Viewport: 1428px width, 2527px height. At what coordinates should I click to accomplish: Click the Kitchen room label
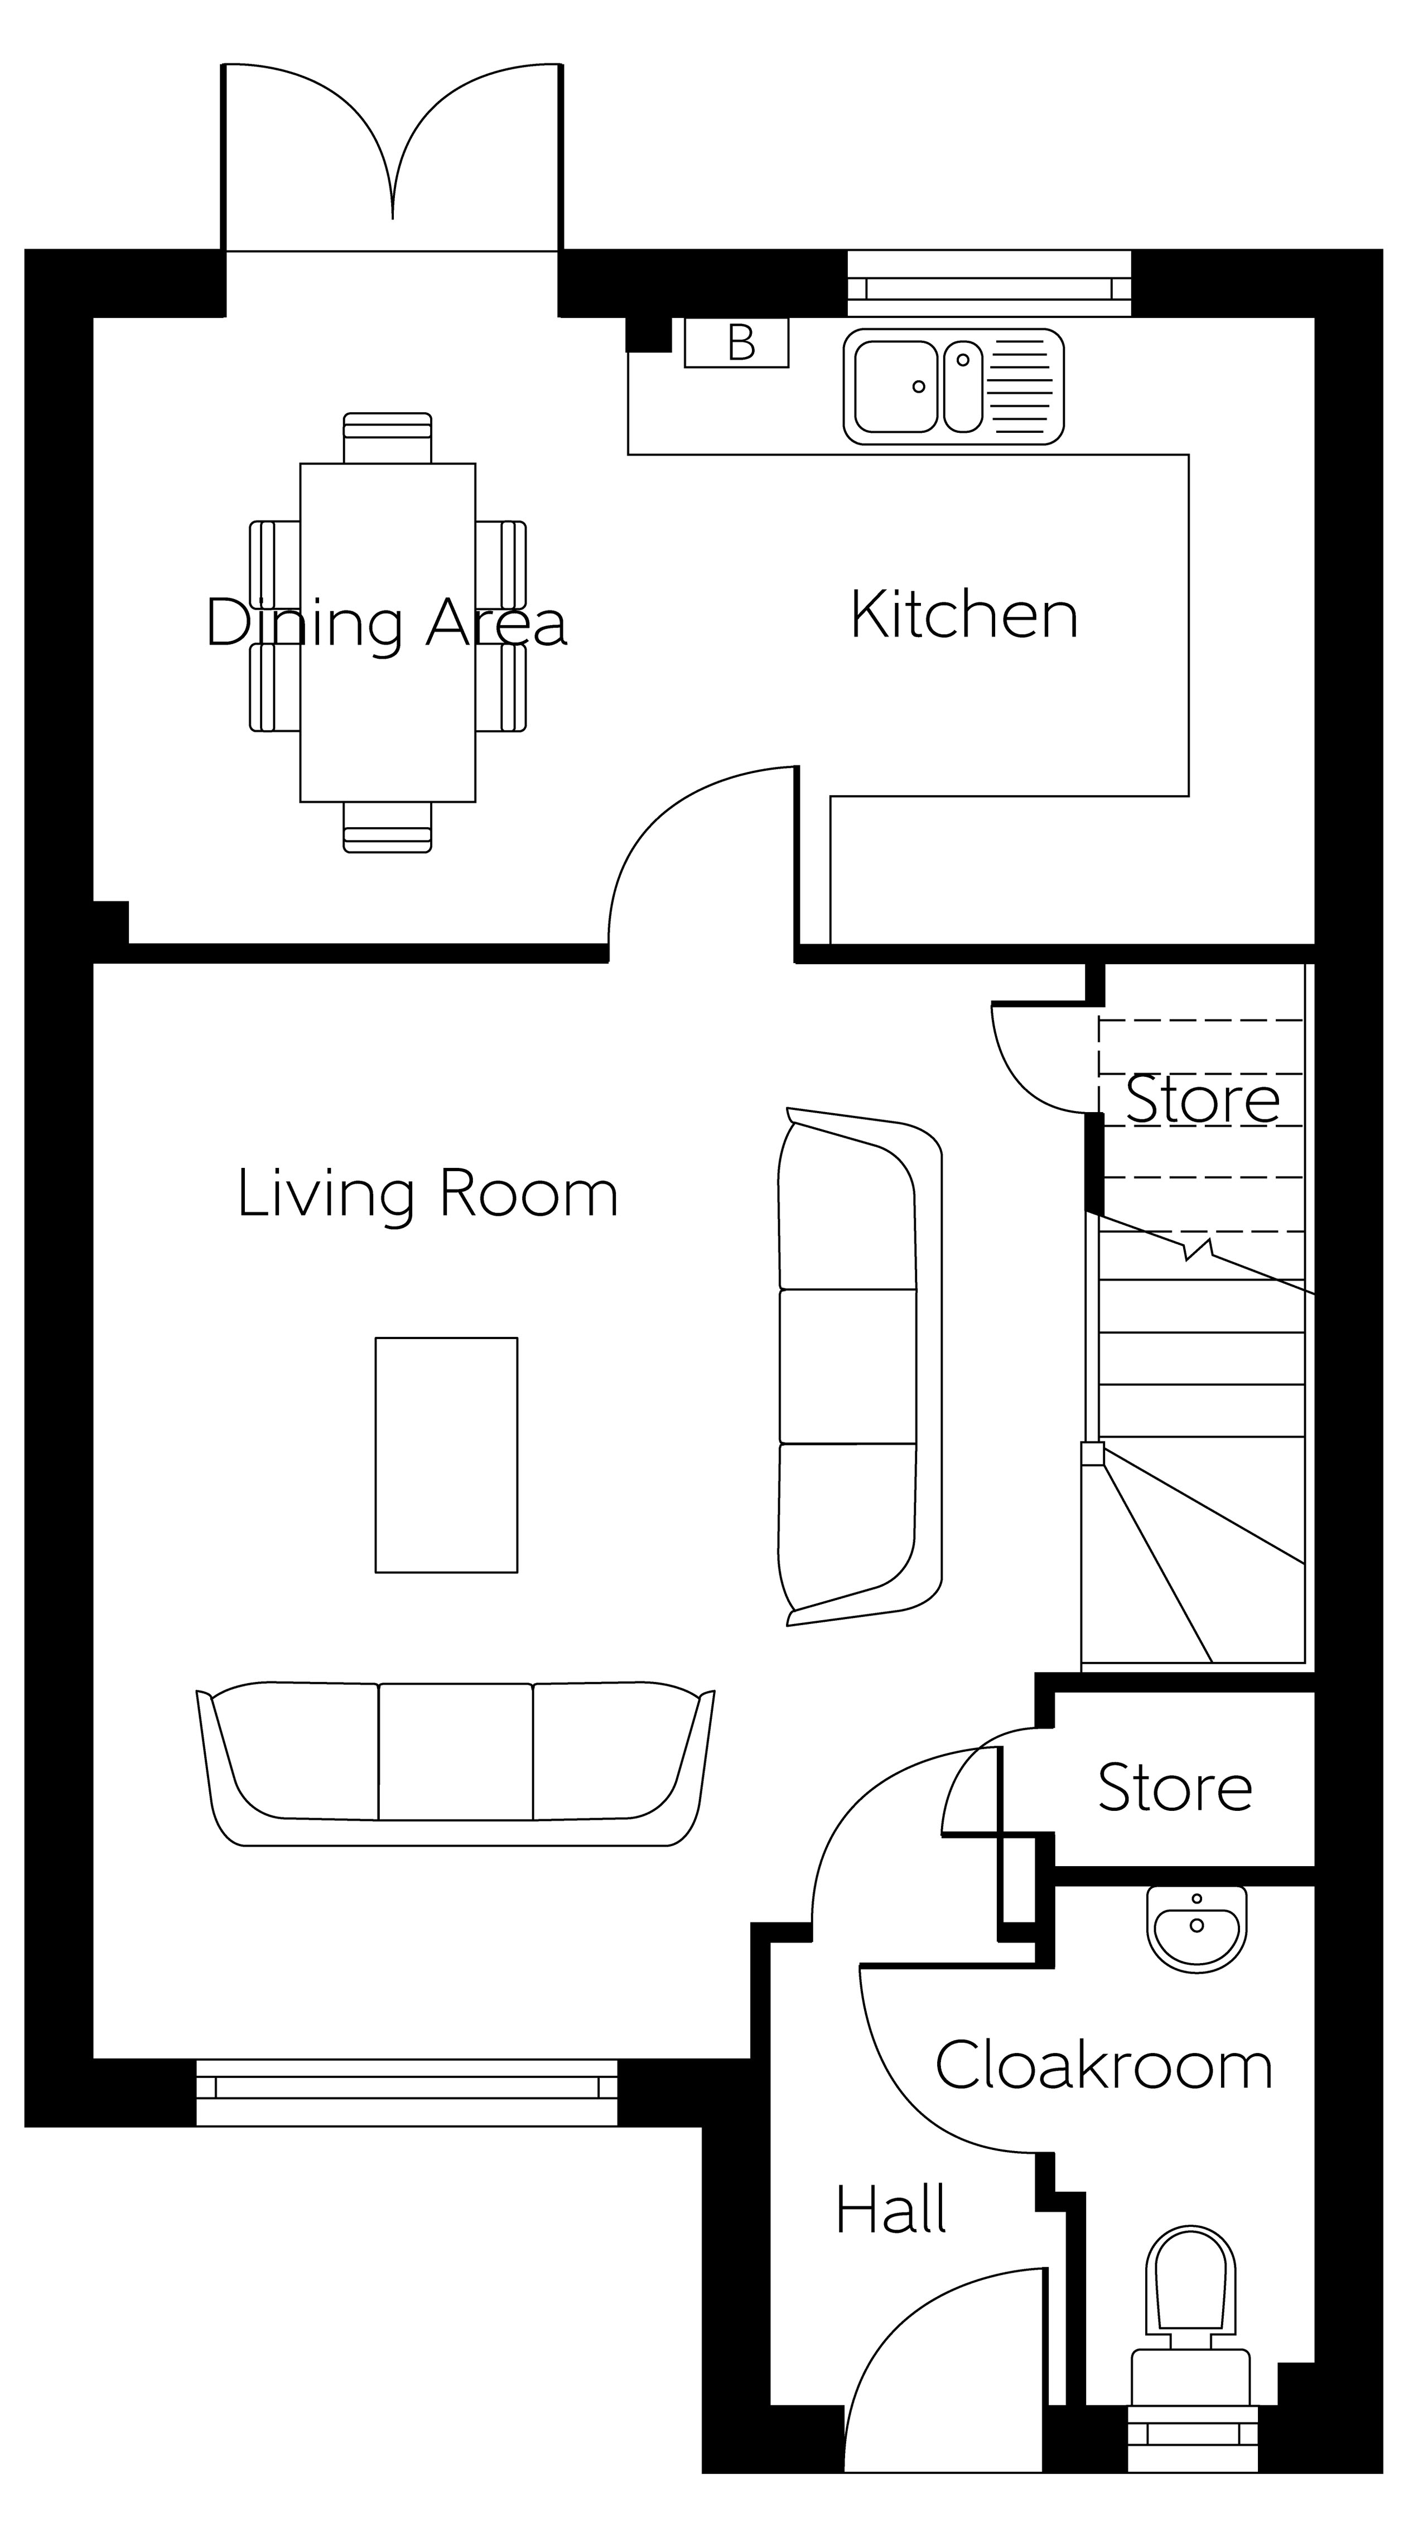tap(964, 615)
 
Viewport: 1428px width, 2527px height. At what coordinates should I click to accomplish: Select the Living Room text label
tap(428, 1194)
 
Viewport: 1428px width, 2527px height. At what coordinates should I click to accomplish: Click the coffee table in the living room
tap(447, 1455)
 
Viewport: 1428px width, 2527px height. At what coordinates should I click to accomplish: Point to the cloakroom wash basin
tap(1197, 1930)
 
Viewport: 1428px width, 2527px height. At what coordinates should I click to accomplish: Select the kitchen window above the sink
tap(990, 283)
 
